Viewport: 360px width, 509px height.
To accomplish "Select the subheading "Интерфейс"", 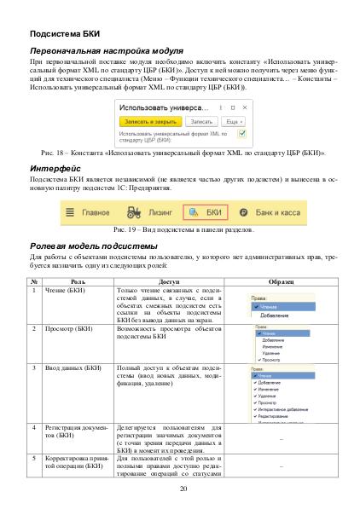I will coord(55,168).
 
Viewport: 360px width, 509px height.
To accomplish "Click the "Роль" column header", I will coord(78,281).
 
